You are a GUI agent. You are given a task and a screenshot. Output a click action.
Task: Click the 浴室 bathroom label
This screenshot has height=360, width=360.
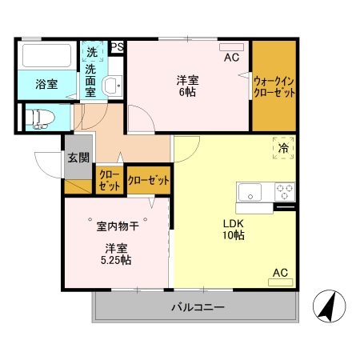click(x=46, y=83)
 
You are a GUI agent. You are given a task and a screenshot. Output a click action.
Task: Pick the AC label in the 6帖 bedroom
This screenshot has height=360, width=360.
click(x=231, y=58)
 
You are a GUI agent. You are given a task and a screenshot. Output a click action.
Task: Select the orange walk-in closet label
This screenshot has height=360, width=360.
click(x=274, y=86)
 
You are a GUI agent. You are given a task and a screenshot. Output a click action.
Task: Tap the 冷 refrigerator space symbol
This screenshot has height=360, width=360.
click(x=283, y=146)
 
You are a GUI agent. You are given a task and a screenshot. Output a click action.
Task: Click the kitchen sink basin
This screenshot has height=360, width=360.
click(x=250, y=193)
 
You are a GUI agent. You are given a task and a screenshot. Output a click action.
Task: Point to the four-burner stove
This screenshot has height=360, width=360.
click(x=284, y=193)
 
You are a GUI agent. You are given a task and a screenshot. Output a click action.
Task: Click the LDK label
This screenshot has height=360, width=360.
click(x=233, y=222)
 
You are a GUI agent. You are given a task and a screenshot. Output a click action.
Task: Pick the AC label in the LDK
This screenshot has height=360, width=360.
click(x=279, y=274)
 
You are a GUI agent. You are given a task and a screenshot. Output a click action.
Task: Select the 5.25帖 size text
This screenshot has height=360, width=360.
click(x=117, y=260)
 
